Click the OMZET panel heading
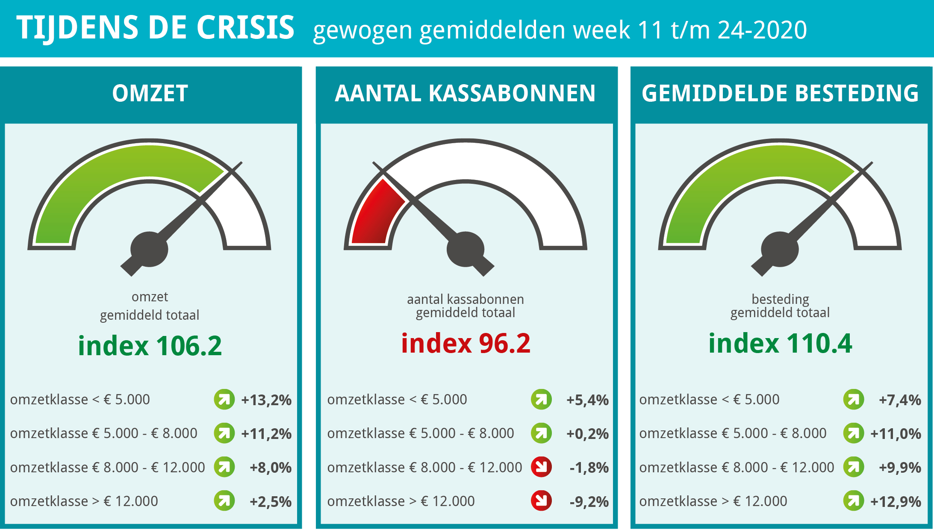coord(150,93)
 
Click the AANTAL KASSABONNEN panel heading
coord(465,93)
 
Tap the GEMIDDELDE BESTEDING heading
coord(780,93)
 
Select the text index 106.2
coord(150,345)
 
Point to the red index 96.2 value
coord(466,343)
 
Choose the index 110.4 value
coord(780,343)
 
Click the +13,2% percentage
coord(266,400)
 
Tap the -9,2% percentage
coord(589,501)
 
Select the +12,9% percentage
coord(896,501)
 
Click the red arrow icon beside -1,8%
coord(541,467)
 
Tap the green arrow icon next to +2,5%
coord(224,501)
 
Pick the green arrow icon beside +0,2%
coord(541,433)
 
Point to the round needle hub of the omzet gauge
coord(149,249)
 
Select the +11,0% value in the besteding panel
coord(896,434)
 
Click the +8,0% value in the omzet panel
coord(271,468)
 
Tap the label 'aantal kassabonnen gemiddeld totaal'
coord(466,306)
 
